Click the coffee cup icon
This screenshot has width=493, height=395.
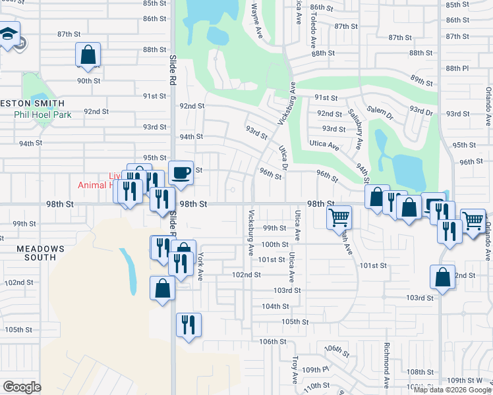(x=181, y=173)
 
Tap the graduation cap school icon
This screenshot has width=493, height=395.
(x=9, y=34)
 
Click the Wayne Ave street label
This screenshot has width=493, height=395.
(x=256, y=19)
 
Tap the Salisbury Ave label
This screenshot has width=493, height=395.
(x=355, y=129)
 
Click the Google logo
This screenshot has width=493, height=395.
(x=22, y=386)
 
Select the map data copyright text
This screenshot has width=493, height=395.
(x=452, y=390)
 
